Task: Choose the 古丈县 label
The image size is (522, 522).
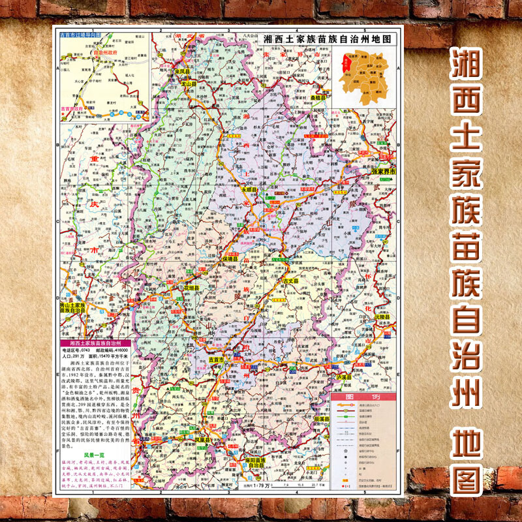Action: click(x=290, y=281)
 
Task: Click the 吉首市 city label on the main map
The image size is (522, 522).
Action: click(x=216, y=360)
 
